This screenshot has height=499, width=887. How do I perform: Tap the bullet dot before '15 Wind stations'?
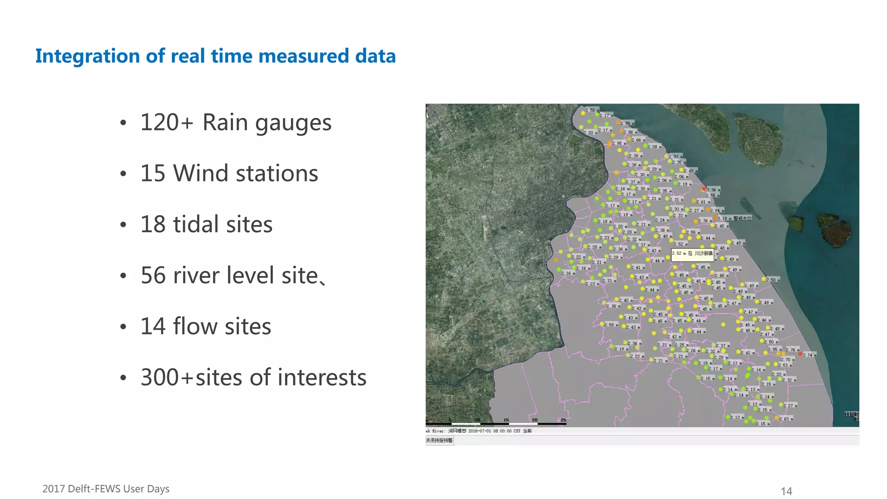click(123, 174)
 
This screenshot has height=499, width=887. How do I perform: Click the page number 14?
click(786, 491)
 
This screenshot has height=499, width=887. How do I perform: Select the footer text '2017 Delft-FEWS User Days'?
click(106, 489)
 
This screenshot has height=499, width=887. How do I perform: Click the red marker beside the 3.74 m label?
click(800, 354)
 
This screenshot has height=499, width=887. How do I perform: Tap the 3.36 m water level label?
click(712, 190)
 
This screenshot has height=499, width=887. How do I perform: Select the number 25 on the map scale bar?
click(563, 420)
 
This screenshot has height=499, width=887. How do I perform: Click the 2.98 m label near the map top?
click(627, 123)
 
